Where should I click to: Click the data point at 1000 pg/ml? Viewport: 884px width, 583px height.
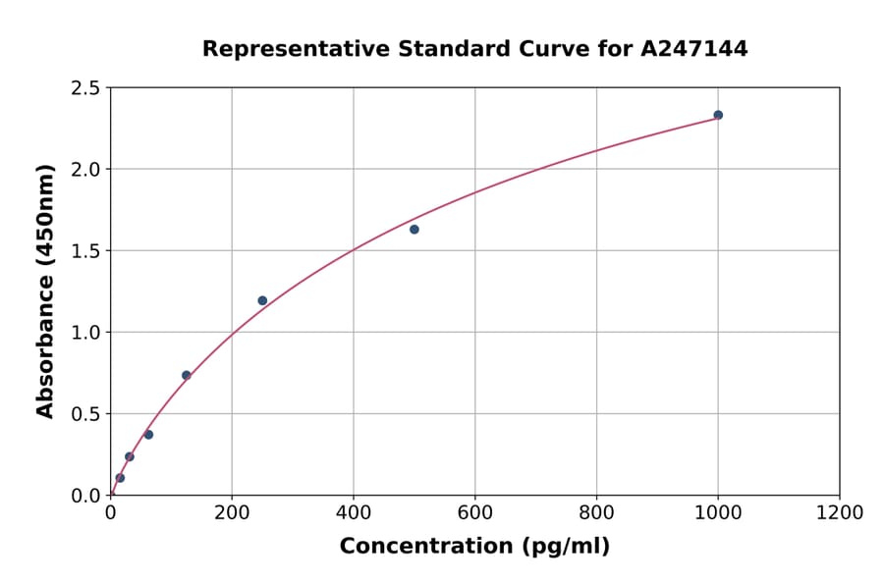[x=718, y=115]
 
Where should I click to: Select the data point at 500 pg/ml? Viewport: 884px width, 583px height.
[x=414, y=230]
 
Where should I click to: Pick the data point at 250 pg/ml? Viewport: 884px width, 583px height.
[x=262, y=300]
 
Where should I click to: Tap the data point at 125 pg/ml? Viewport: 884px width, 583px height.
[x=187, y=375]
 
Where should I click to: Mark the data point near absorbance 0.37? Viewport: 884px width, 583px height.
[x=148, y=435]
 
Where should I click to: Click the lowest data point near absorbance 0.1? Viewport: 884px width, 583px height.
[x=120, y=478]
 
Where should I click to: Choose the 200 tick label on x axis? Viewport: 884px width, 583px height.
[x=232, y=512]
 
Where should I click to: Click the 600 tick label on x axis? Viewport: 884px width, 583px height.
[x=474, y=512]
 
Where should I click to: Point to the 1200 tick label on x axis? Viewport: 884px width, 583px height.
[x=840, y=512]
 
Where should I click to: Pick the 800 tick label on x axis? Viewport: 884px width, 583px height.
[x=596, y=512]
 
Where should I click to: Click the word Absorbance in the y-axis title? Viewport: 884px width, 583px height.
[x=45, y=346]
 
